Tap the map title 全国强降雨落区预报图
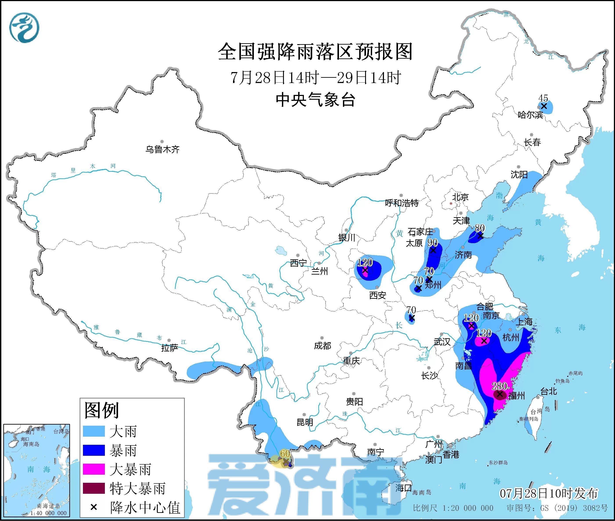click(x=315, y=52)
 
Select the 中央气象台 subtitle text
click(x=315, y=99)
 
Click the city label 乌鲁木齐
click(x=162, y=149)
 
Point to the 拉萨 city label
click(x=170, y=348)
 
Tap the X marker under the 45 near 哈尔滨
click(x=544, y=105)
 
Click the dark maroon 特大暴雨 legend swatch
click(x=94, y=488)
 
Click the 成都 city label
click(x=322, y=346)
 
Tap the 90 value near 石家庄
click(x=432, y=243)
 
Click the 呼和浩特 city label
click(x=402, y=203)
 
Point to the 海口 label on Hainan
click(x=403, y=488)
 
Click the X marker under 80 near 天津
click(x=481, y=236)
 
